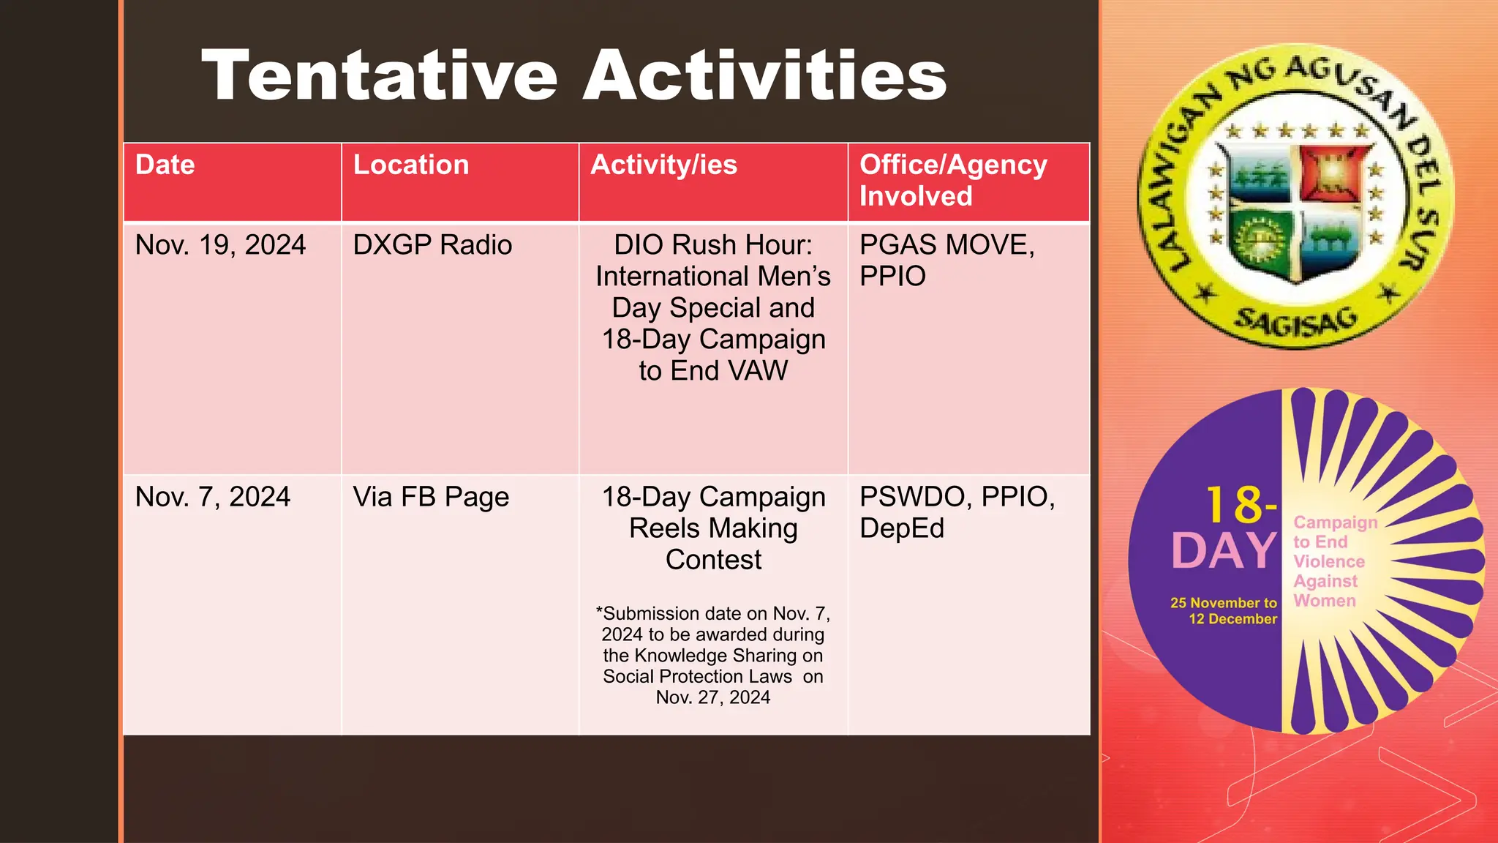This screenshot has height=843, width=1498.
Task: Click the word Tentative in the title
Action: point(380,75)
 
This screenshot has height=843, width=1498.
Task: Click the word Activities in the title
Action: point(764,75)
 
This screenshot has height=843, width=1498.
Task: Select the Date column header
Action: point(165,165)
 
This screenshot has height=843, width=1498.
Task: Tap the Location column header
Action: point(411,165)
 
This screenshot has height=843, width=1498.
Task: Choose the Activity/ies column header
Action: point(663,165)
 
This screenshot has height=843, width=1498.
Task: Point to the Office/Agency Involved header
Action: point(952,181)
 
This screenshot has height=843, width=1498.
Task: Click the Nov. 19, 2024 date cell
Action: point(220,245)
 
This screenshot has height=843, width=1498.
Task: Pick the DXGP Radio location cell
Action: point(432,245)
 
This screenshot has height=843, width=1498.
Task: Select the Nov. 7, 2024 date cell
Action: point(213,497)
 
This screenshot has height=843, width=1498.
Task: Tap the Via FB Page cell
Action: point(431,497)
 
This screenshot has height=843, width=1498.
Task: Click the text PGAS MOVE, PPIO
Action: point(946,261)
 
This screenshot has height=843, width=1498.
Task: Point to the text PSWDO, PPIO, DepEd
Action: point(957,512)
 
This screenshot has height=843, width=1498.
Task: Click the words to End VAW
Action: point(713,371)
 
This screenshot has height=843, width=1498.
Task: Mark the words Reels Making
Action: point(713,528)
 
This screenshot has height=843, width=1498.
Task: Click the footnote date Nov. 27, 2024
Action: point(713,697)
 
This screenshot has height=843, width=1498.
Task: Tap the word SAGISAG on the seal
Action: point(1295,323)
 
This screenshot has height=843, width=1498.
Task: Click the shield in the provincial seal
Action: point(1295,212)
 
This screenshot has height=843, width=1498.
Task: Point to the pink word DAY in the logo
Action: point(1224,551)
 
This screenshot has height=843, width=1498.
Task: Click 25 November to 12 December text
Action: point(1224,611)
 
